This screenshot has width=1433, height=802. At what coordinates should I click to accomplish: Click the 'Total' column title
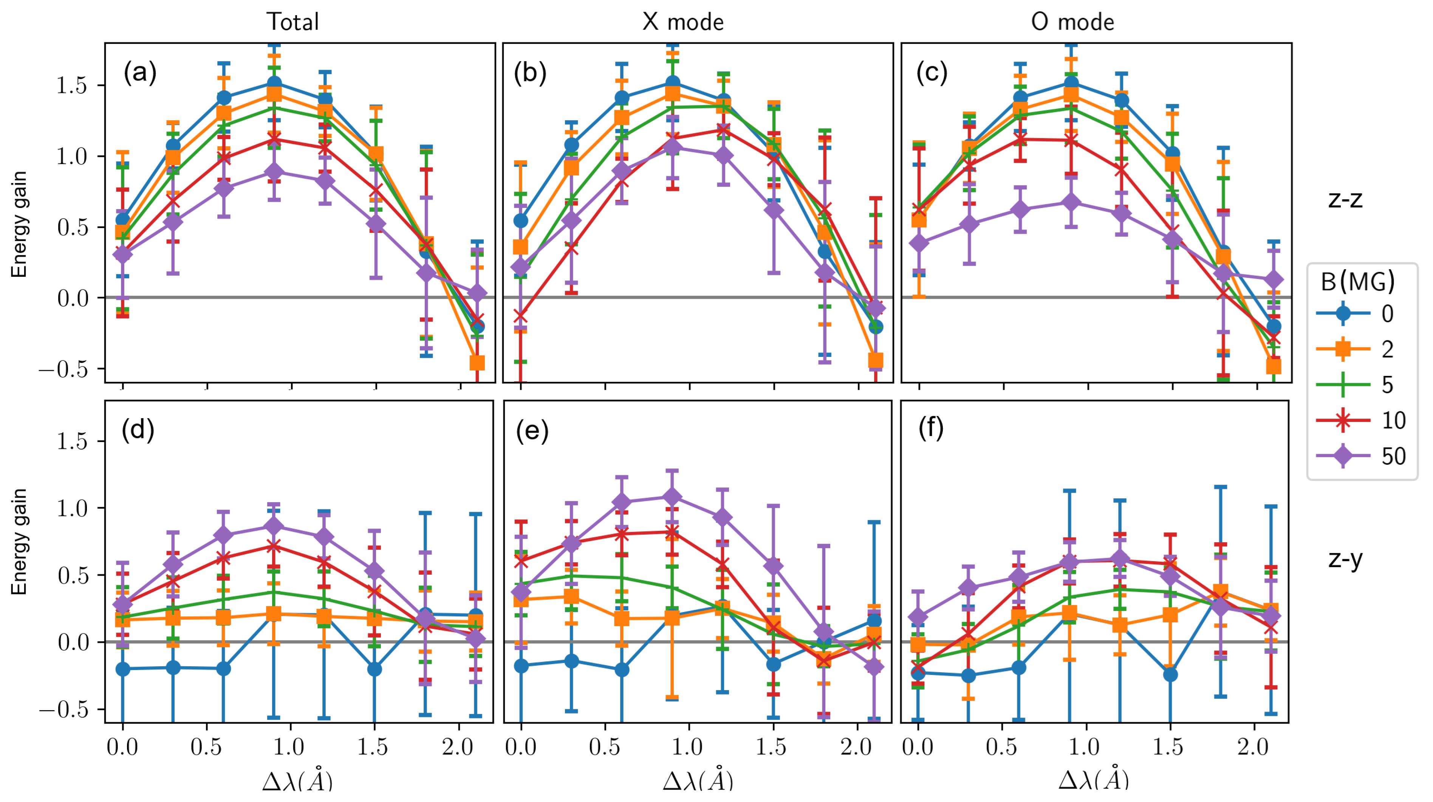293,22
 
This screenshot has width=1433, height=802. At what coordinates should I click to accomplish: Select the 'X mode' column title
683,22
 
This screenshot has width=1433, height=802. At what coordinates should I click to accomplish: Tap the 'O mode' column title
1072,22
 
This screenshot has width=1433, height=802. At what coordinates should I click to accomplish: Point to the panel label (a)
140,73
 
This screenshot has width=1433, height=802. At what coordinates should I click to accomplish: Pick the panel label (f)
931,428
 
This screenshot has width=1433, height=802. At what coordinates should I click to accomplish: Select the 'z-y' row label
1345,558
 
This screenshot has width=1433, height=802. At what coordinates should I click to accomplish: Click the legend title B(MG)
1358,282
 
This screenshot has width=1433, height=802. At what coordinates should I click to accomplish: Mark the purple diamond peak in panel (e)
672,496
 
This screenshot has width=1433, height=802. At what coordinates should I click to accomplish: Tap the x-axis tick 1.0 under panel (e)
688,746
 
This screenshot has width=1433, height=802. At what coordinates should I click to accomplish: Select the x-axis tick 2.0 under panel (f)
1253,746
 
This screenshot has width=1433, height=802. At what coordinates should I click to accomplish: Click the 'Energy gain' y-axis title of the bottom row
20,541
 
